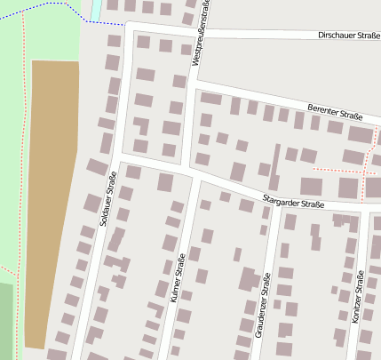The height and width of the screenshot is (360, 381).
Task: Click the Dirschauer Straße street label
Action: (x=348, y=36)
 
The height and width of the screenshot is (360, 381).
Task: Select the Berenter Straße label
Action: (x=335, y=112)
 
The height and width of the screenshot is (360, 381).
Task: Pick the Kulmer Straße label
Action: (x=177, y=280)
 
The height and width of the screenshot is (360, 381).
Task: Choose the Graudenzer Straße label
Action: (x=263, y=304)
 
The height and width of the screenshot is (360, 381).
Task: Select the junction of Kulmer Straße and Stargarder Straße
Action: (x=191, y=172)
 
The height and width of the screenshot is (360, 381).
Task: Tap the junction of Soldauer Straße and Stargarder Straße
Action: (x=118, y=156)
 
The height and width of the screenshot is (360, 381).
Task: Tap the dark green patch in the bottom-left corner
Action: (x=6, y=320)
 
